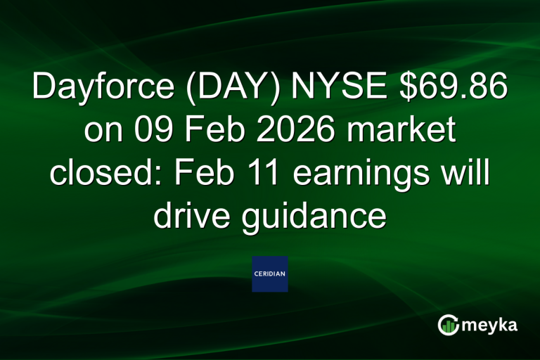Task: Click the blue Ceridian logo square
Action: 270,274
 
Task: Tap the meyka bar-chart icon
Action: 448,324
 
